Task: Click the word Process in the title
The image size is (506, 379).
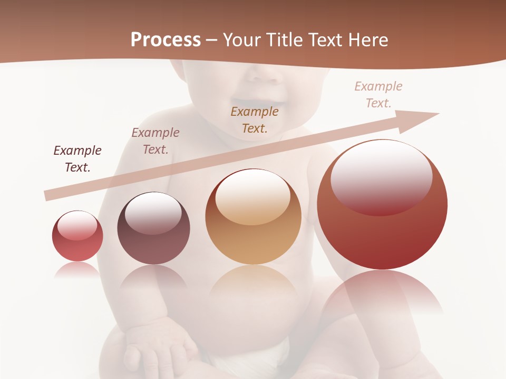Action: [166, 40]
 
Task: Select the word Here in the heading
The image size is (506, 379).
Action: [368, 40]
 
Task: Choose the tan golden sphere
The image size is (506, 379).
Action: [254, 217]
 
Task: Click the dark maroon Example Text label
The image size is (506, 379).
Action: [77, 159]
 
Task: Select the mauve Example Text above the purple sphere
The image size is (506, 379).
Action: [155, 141]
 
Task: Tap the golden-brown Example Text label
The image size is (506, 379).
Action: [255, 119]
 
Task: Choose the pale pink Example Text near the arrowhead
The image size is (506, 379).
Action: [378, 95]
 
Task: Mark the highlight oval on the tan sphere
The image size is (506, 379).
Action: [253, 196]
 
